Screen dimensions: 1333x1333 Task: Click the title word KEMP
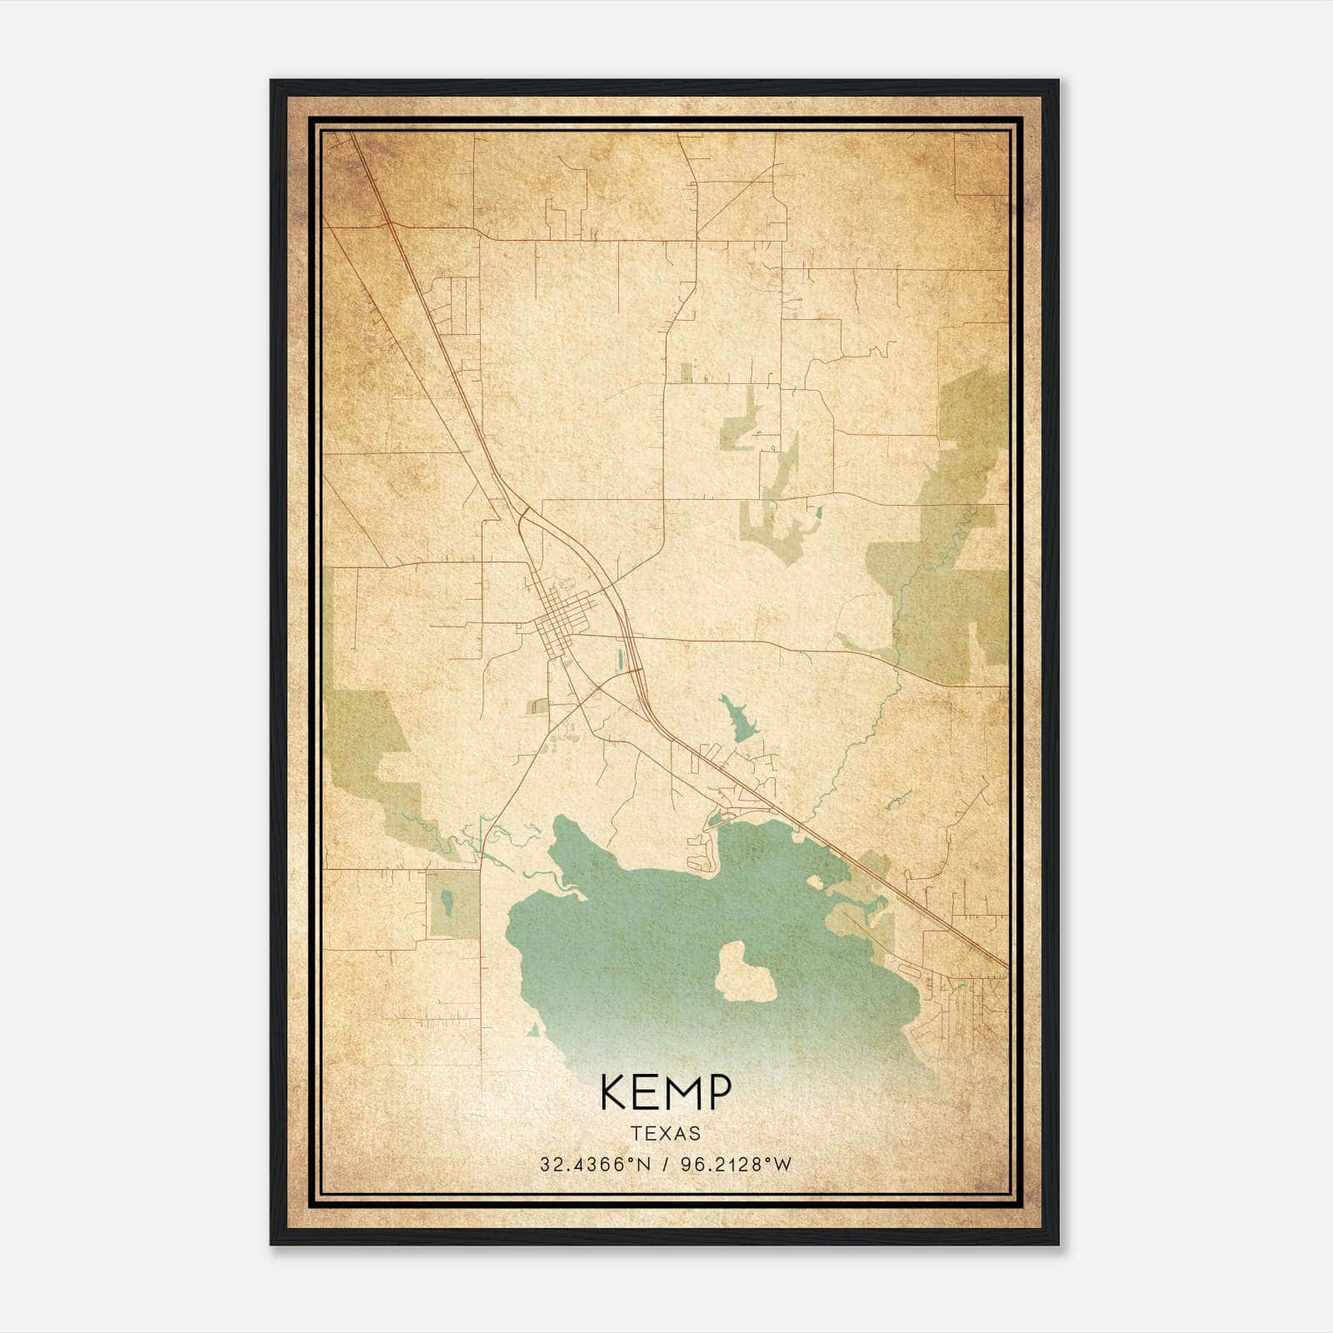point(666,1092)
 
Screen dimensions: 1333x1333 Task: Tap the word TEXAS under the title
point(666,1133)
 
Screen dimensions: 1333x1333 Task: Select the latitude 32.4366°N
point(594,1165)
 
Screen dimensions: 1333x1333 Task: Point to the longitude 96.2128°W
point(736,1165)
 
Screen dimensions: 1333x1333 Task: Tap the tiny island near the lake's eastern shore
point(815,880)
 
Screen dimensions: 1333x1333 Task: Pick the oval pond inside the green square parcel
point(447,902)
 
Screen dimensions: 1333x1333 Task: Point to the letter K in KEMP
point(615,1092)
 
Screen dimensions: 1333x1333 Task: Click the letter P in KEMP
point(717,1092)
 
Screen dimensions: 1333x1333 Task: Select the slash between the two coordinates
point(666,1165)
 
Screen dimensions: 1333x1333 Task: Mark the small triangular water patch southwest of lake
point(532,1031)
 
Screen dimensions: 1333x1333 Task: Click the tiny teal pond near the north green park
point(819,511)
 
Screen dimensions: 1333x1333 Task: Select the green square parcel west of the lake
point(453,904)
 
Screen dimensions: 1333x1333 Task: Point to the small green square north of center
point(686,372)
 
